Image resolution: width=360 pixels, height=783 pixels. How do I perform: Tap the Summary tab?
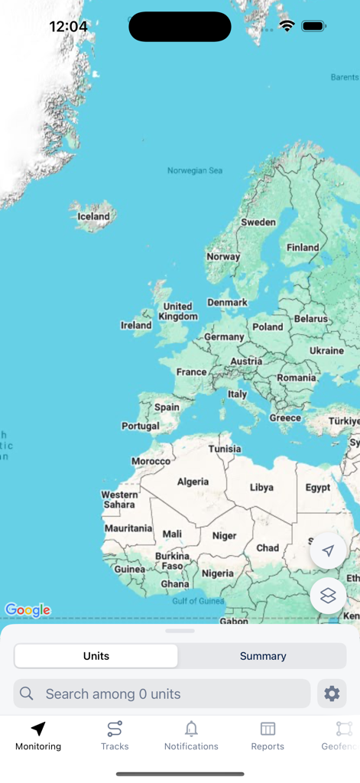262,656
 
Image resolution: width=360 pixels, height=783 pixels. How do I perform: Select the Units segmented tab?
96,656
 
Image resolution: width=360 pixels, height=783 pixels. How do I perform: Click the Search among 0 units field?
162,694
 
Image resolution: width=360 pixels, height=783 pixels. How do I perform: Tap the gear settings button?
332,694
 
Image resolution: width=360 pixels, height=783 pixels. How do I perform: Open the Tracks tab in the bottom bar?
115,735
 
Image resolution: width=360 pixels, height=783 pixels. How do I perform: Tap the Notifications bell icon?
191,729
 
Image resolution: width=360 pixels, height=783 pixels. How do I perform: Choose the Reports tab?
268,735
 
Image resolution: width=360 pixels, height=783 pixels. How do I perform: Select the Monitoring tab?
38,735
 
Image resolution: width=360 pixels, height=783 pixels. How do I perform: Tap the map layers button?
328,596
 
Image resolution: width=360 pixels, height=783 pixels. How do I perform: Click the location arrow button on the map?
328,551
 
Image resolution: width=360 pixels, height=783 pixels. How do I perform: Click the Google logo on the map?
28,610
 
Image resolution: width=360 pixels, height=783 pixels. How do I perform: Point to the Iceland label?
94,216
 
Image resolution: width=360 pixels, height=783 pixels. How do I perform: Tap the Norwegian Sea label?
195,171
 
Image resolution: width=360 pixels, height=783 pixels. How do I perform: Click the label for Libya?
261,487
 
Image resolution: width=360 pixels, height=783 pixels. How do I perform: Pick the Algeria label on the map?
193,482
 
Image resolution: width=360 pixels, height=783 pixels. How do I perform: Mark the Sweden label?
258,222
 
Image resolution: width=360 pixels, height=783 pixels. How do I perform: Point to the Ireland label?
136,325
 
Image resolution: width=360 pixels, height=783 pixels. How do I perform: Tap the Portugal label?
140,426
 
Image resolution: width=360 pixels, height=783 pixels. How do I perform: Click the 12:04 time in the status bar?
68,27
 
